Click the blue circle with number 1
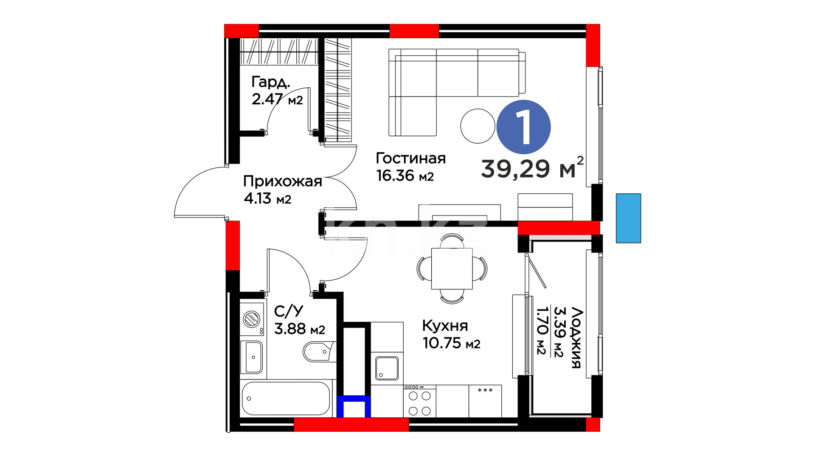(523, 127)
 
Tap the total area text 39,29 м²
(532, 168)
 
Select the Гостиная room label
(410, 158)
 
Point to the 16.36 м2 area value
(405, 175)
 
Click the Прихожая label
(283, 181)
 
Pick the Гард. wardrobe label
(271, 82)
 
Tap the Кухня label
(445, 326)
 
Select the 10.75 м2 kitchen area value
(451, 343)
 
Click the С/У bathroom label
(289, 311)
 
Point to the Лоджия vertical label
(576, 337)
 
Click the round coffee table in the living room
(478, 126)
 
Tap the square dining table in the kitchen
(452, 269)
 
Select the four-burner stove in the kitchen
(419, 401)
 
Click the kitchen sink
(387, 368)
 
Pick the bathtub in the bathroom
(286, 399)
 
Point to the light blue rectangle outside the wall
(628, 218)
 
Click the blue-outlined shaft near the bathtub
(354, 407)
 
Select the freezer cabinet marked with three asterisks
(485, 401)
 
